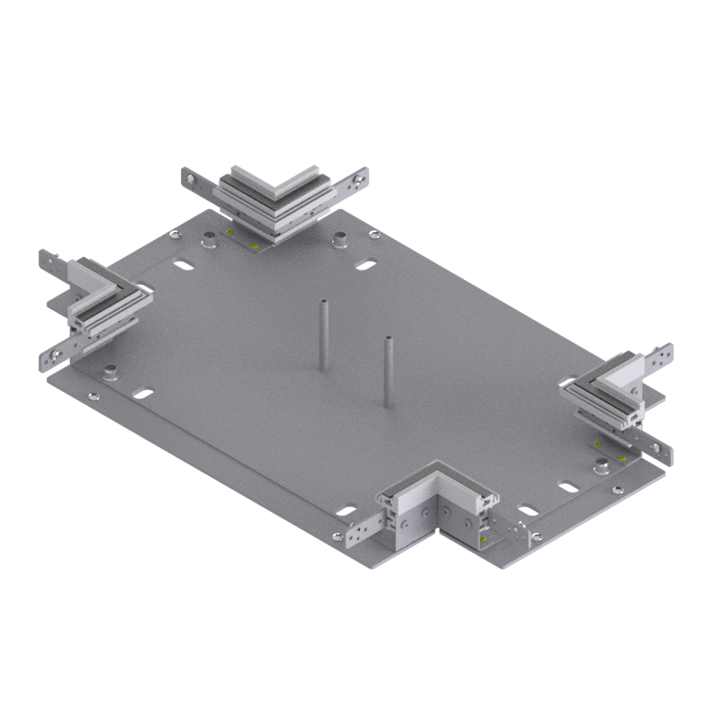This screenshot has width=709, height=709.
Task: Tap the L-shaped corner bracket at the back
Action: tap(275, 199)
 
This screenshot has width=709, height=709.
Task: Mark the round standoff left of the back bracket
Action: tap(209, 238)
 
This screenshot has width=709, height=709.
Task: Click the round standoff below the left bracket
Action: tap(110, 372)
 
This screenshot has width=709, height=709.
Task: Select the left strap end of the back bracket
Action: tap(197, 180)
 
